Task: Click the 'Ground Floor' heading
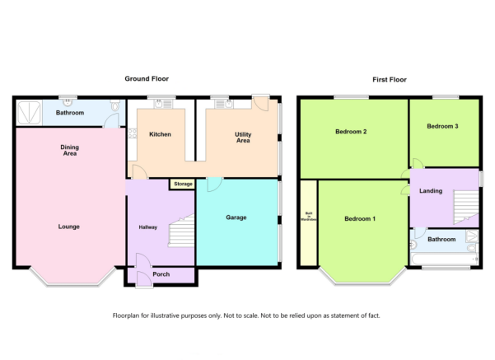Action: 147,79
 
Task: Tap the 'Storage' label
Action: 182,184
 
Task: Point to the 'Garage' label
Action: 236,217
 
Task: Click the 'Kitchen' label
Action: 159,133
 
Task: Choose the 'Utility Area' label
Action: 242,137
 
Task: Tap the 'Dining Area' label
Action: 70,149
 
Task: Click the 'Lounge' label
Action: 69,226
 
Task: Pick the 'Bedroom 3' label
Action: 442,126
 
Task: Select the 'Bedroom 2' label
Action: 351,132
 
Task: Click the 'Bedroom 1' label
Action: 360,218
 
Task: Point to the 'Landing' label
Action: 430,191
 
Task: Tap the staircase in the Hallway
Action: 181,232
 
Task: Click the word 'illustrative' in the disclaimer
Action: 176,316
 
